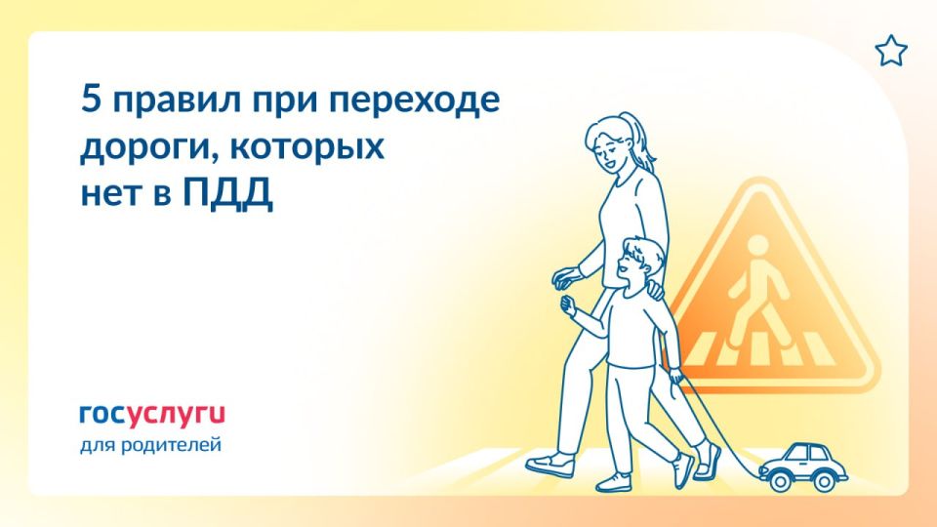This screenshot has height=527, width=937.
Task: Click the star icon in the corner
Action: coord(890,51)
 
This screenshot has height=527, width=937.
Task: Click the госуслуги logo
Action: coord(150,415)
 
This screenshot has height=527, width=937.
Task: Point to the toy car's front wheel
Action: coord(779,480)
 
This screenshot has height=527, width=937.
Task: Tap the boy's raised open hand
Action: coord(567,304)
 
